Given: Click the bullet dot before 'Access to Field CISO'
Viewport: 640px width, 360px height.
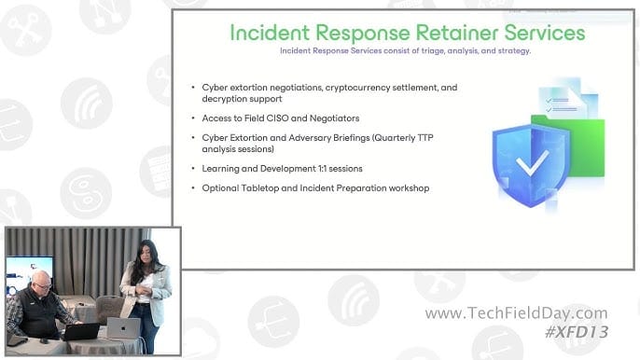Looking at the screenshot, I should point(192,118).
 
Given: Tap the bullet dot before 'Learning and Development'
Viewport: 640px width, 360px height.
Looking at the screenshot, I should point(192,169).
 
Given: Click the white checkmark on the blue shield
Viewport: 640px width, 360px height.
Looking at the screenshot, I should point(533,166).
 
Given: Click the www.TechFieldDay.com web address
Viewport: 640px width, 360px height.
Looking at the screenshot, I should point(516,314).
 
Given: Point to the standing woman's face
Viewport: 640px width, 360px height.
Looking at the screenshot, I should point(147,253).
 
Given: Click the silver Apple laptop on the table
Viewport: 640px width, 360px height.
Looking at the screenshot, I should point(123,327).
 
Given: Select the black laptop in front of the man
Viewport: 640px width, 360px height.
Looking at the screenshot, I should point(82,331).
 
